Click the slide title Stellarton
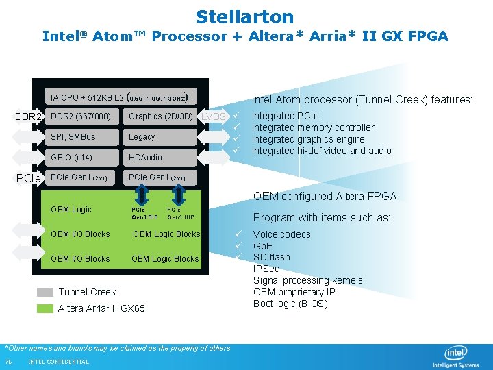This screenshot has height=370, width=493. (x=244, y=16)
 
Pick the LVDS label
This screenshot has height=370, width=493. (x=214, y=117)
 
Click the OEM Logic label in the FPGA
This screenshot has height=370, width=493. (x=71, y=210)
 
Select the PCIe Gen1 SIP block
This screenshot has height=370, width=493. (x=144, y=213)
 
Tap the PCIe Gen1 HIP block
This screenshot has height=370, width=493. (x=181, y=213)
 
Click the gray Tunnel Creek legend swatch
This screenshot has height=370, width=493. (x=45, y=292)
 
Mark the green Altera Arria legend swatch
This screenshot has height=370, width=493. (x=45, y=308)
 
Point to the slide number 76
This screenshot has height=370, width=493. (x=8, y=362)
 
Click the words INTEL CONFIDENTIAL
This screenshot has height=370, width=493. (x=58, y=362)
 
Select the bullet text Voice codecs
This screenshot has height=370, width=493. (x=281, y=234)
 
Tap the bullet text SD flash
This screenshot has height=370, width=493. (x=272, y=257)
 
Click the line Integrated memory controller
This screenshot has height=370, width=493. (x=313, y=127)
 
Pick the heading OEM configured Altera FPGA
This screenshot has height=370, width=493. (x=325, y=197)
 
